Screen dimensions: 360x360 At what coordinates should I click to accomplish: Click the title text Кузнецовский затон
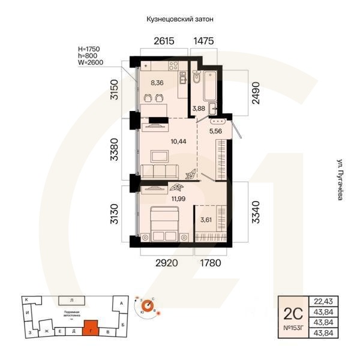180,19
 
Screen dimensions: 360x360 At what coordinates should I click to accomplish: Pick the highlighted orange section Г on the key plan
90,328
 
